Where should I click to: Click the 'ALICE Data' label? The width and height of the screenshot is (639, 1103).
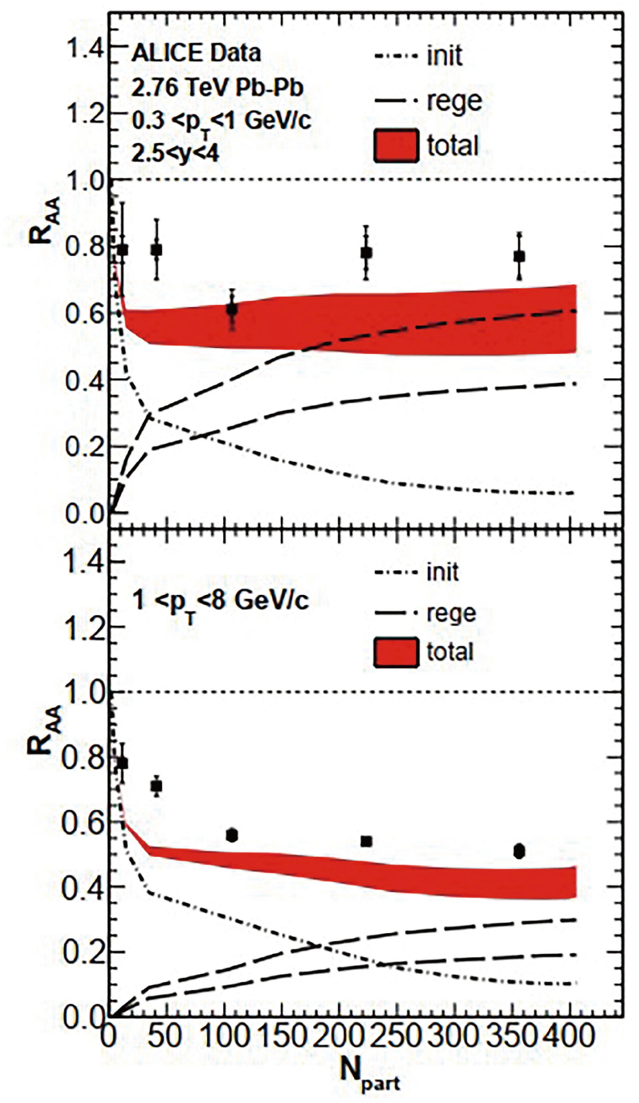[x=196, y=53]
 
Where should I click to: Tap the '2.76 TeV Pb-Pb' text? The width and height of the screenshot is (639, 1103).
[x=217, y=88]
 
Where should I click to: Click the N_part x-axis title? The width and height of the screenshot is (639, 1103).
[x=370, y=1072]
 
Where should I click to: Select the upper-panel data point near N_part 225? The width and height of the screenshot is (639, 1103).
[x=366, y=253]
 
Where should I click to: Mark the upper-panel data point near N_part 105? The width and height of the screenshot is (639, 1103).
[x=232, y=310]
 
